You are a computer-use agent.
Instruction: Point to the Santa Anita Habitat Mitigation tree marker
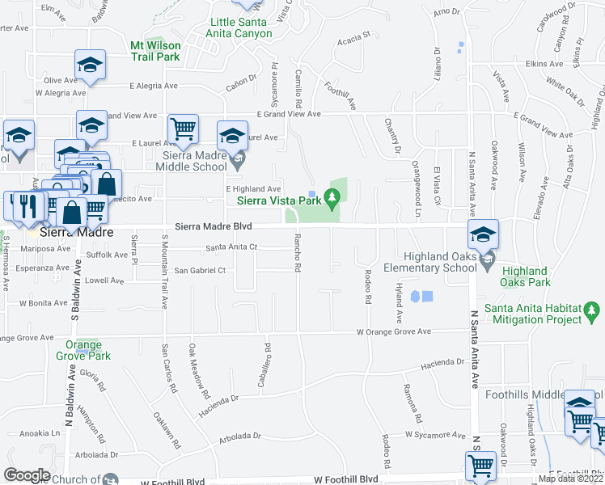pyautogui.click(x=591, y=310)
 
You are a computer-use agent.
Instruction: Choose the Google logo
pyautogui.click(x=27, y=474)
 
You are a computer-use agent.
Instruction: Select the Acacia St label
pyautogui.click(x=353, y=36)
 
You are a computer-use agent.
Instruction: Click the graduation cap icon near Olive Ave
pyautogui.click(x=91, y=65)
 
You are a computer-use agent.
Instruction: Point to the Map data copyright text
pyautogui.click(x=570, y=479)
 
